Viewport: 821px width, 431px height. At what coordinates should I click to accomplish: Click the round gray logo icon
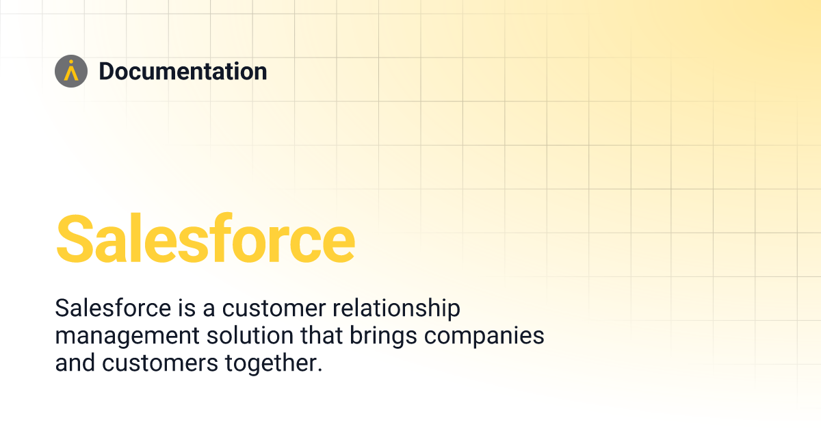point(71,71)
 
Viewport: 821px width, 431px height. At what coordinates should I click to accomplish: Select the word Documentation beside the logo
point(183,71)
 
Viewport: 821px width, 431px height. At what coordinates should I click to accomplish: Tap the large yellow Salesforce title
point(205,239)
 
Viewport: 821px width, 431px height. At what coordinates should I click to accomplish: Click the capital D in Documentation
point(107,71)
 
